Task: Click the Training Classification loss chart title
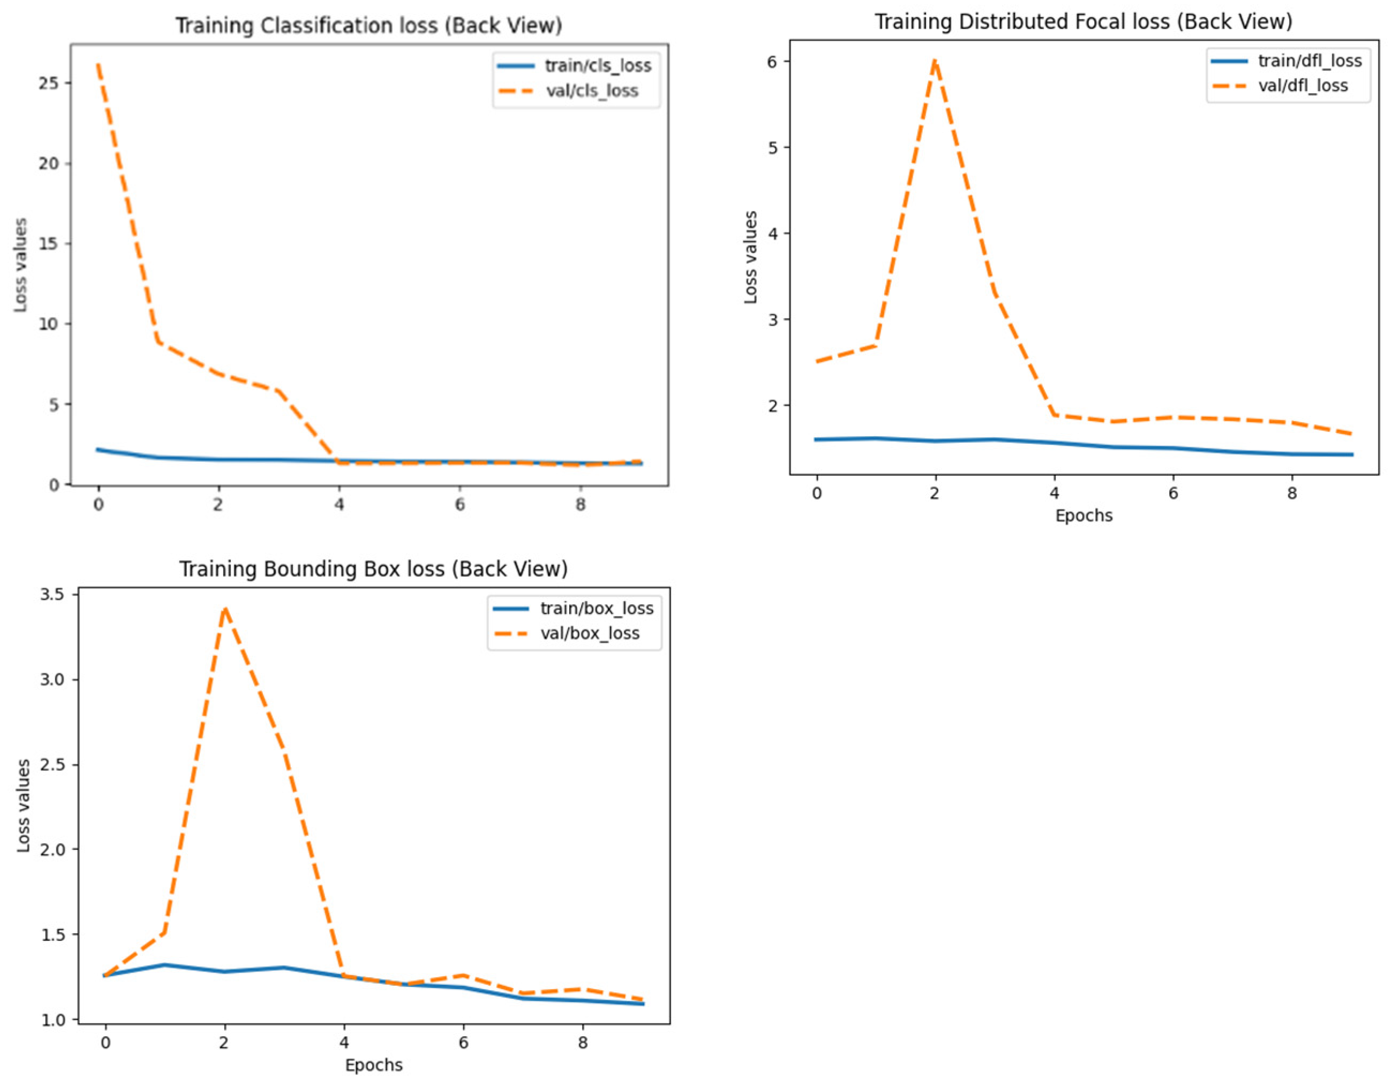pyautogui.click(x=368, y=26)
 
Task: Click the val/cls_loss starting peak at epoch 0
pyautogui.click(x=97, y=64)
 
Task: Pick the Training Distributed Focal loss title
pyautogui.click(x=1083, y=22)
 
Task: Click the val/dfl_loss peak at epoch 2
pyautogui.click(x=935, y=60)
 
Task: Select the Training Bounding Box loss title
pyautogui.click(x=373, y=569)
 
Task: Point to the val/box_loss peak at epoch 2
pyautogui.click(x=224, y=609)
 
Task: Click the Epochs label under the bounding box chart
pyautogui.click(x=374, y=1065)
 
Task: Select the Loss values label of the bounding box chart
pyautogui.click(x=24, y=805)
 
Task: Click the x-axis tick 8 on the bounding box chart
pyautogui.click(x=582, y=1043)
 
